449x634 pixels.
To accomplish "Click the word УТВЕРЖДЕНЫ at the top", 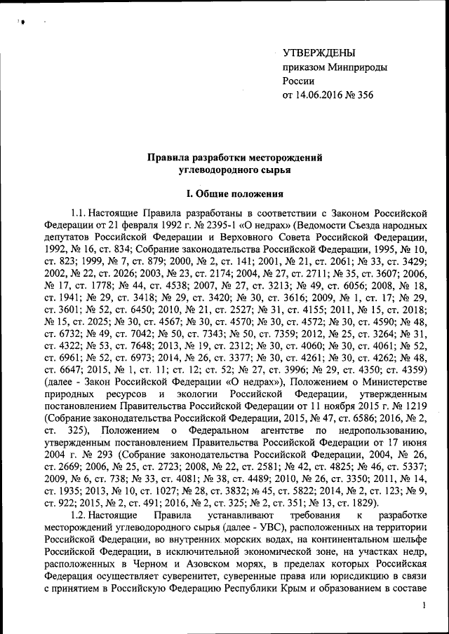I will click(319, 53).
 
